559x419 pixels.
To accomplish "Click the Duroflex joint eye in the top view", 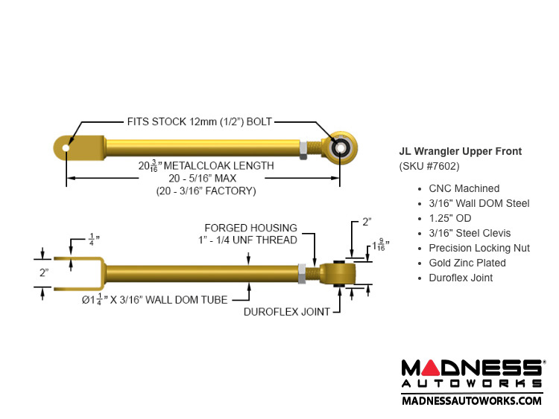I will pyautogui.click(x=340, y=147).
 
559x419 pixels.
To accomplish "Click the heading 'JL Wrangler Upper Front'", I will pyautogui.click(x=460, y=152).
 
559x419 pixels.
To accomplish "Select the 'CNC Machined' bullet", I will pyautogui.click(x=464, y=188).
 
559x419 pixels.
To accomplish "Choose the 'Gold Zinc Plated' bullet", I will pyautogui.click(x=467, y=263).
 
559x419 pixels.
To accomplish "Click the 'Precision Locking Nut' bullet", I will pyautogui.click(x=479, y=248).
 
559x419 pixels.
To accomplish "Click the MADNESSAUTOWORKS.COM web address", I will pyautogui.click(x=472, y=400).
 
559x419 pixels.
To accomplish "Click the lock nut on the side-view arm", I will pyautogui.click(x=302, y=273).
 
